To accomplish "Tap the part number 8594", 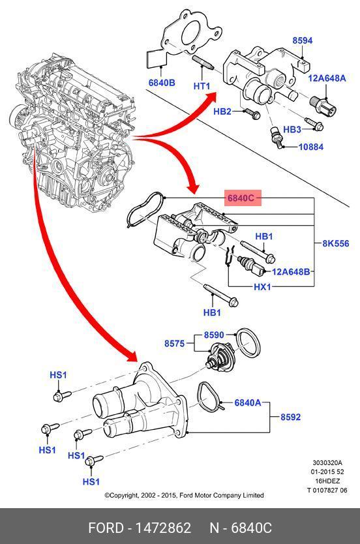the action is (x=303, y=40).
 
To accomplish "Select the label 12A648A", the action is (x=327, y=78).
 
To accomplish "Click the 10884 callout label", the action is (x=310, y=147).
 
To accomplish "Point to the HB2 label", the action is (x=222, y=112).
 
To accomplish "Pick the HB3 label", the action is (x=292, y=129).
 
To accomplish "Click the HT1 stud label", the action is (x=202, y=85).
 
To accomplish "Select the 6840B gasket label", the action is (x=162, y=83).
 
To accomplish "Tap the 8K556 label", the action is (x=336, y=243).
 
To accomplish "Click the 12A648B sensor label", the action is (x=291, y=271).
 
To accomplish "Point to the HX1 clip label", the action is (x=262, y=287).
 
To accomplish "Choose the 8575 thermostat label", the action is (x=174, y=344).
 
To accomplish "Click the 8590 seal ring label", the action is (x=214, y=335).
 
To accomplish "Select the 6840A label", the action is (x=248, y=403).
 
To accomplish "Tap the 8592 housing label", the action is (x=291, y=417).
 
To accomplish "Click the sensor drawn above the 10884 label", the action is (x=276, y=136).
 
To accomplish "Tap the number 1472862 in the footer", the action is (x=163, y=528).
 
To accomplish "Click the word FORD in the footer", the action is (x=106, y=528).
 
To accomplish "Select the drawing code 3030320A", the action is (x=327, y=462).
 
